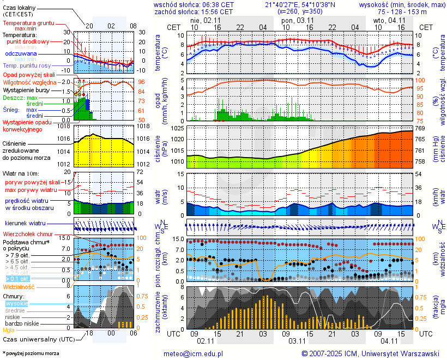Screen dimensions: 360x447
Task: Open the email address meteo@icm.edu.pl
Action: point(194,353)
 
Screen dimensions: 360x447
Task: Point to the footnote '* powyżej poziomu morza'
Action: point(31,353)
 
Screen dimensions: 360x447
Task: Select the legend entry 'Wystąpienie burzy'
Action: point(28,89)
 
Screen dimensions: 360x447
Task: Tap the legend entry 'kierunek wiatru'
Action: point(25,224)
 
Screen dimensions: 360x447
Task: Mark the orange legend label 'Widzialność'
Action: point(19,286)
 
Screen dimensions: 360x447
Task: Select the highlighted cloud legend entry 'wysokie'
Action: point(16,303)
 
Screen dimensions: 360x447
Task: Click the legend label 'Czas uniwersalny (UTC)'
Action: point(38,339)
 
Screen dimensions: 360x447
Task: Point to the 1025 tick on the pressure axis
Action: point(176,128)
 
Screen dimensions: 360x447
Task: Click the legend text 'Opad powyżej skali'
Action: point(28,74)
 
